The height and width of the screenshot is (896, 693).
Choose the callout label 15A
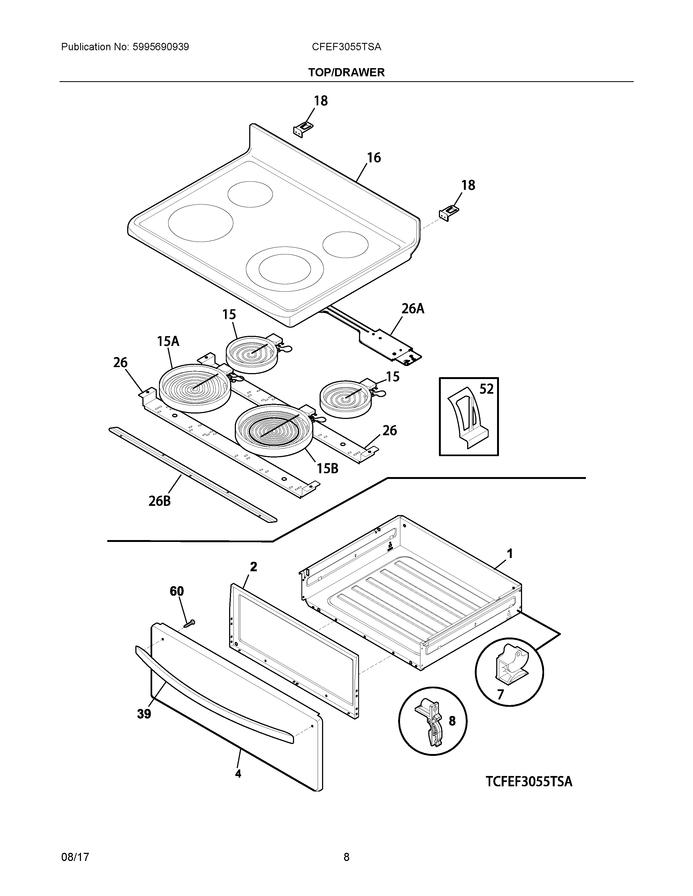pos(168,341)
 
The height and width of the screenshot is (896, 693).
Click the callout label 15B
pos(327,468)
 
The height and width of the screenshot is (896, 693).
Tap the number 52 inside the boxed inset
pos(486,389)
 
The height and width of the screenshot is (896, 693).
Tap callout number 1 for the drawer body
pos(510,554)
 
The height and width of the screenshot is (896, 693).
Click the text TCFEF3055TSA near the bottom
pos(529,781)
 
